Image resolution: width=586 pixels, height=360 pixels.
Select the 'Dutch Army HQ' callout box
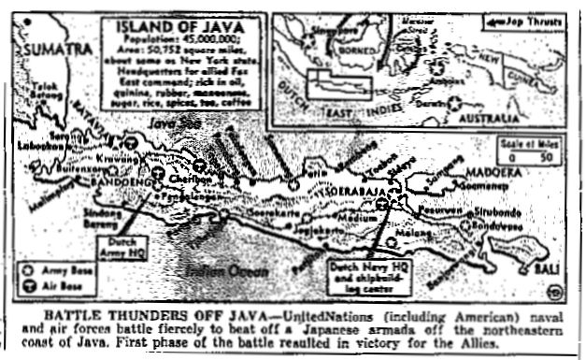[x=118, y=245]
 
